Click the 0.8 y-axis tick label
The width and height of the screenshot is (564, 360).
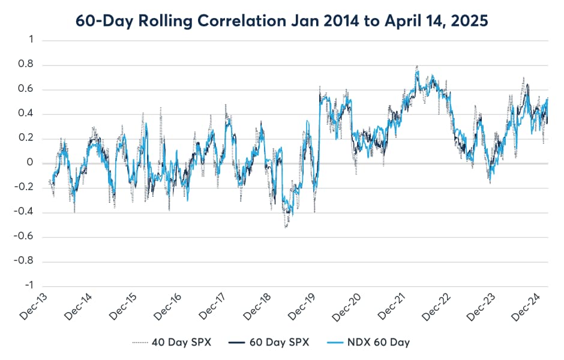pyautogui.click(x=28, y=65)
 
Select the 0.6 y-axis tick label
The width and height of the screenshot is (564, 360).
pyautogui.click(x=28, y=90)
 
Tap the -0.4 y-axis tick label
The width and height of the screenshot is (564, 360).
pyautogui.click(x=26, y=212)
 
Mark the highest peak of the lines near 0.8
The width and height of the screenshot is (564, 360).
pyautogui.click(x=416, y=67)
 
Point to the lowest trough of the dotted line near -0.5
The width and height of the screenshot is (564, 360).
pyautogui.click(x=286, y=227)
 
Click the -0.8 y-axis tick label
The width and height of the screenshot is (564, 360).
pyautogui.click(x=26, y=262)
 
